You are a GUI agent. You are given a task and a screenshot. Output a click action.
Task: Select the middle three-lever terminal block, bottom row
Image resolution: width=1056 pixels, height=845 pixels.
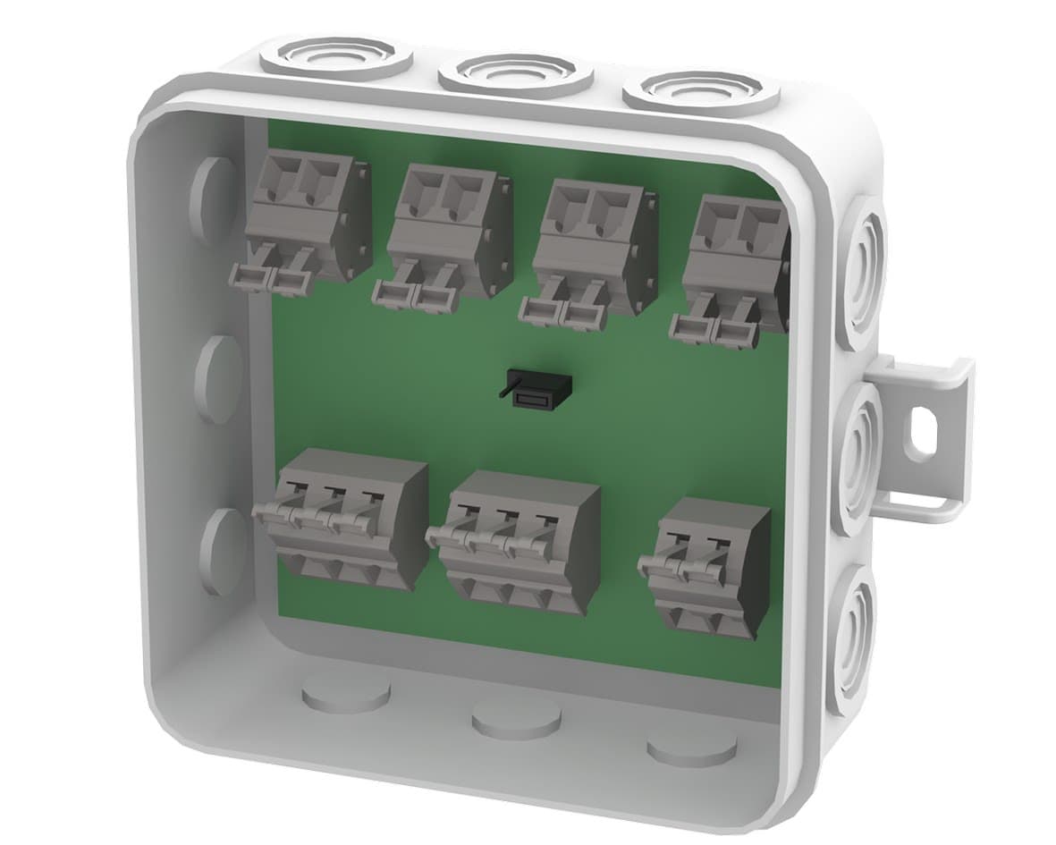click(519, 542)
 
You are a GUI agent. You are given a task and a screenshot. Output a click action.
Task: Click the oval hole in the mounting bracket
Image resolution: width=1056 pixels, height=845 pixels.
click(921, 429)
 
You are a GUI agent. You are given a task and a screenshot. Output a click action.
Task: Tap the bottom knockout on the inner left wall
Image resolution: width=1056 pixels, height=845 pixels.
click(223, 549)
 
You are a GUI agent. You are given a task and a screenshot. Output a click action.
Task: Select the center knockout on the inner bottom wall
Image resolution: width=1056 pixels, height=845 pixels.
click(515, 715)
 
